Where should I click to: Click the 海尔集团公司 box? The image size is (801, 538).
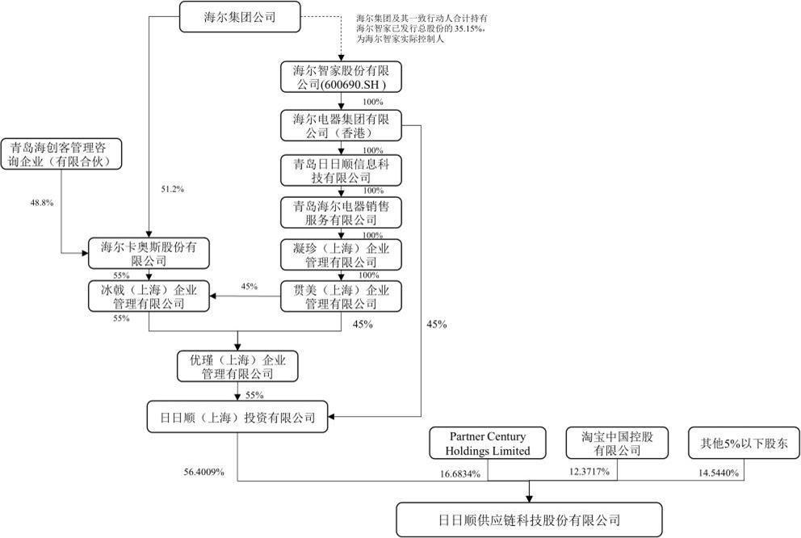pyautogui.click(x=239, y=17)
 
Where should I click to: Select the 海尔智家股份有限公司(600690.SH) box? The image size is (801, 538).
pyautogui.click(x=340, y=77)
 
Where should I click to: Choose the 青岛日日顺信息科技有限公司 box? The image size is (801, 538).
pyautogui.click(x=340, y=170)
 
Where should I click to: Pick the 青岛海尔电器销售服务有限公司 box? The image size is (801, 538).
pyautogui.click(x=340, y=212)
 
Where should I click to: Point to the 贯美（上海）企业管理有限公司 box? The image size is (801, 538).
pyautogui.click(x=340, y=296)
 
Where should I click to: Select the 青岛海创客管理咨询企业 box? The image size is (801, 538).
pyautogui.click(x=61, y=154)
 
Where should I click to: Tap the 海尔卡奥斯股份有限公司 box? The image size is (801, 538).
pyautogui.click(x=149, y=254)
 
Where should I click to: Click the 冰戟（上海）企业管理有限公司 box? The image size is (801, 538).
pyautogui.click(x=149, y=296)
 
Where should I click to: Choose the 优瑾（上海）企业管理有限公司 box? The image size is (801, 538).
pyautogui.click(x=237, y=366)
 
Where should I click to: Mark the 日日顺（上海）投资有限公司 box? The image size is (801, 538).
pyautogui.click(x=237, y=418)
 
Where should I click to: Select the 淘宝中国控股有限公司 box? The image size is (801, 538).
pyautogui.click(x=617, y=443)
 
